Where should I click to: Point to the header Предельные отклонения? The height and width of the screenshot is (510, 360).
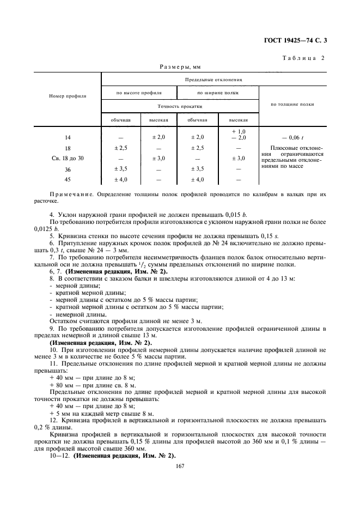click(213, 79)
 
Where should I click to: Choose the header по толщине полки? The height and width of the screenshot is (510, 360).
click(291, 104)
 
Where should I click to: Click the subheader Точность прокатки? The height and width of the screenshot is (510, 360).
click(180, 107)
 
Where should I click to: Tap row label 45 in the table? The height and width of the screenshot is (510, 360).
click(68, 179)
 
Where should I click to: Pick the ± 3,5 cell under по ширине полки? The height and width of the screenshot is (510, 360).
click(199, 169)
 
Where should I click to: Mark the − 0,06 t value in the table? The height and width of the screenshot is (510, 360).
click(291, 138)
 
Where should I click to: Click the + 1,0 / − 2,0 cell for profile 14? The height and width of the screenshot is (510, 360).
click(238, 135)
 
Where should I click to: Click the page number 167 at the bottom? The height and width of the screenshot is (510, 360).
click(180, 466)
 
